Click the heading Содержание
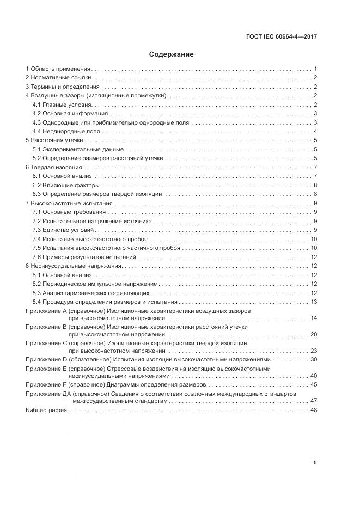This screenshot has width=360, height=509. point(171,54)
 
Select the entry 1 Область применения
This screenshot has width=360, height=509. point(58,69)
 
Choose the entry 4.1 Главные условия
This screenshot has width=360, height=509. point(63,105)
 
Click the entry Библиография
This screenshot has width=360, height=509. point(46,410)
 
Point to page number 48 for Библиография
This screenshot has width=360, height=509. point(314,410)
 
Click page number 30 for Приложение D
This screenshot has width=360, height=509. point(314,360)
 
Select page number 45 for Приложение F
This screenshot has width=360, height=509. point(314,385)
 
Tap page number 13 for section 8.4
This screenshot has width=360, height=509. point(314,302)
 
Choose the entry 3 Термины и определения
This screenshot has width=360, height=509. point(63,87)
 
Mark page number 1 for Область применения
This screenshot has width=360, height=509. point(315,69)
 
